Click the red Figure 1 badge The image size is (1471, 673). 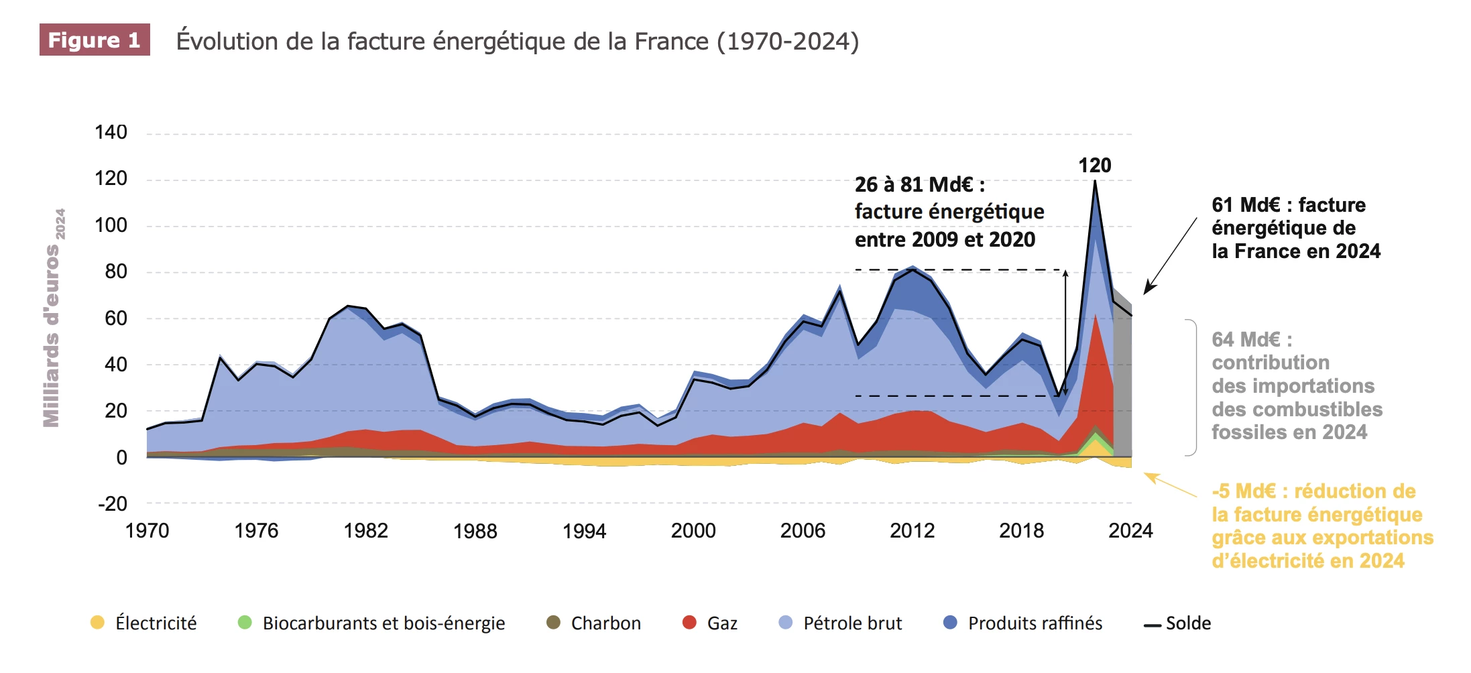[94, 40]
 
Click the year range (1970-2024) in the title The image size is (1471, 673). [788, 42]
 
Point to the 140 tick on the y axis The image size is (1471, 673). [111, 132]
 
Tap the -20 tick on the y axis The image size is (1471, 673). [112, 503]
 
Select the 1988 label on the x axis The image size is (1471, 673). [475, 531]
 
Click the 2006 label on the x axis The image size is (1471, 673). [803, 531]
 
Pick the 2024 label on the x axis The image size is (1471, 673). [1130, 531]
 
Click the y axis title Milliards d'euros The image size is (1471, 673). [52, 335]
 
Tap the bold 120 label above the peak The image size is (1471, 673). [1094, 166]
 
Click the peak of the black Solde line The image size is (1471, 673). [1095, 182]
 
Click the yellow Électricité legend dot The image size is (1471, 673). [97, 623]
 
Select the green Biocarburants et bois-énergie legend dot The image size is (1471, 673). [245, 623]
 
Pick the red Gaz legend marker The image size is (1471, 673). [689, 623]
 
